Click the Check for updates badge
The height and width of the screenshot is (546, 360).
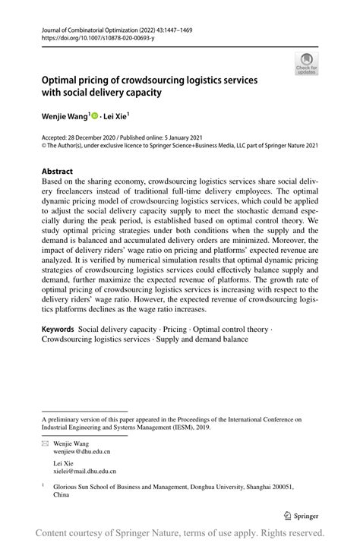point(306,63)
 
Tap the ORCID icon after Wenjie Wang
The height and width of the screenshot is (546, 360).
point(96,116)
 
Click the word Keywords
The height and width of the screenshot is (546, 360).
point(58,330)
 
